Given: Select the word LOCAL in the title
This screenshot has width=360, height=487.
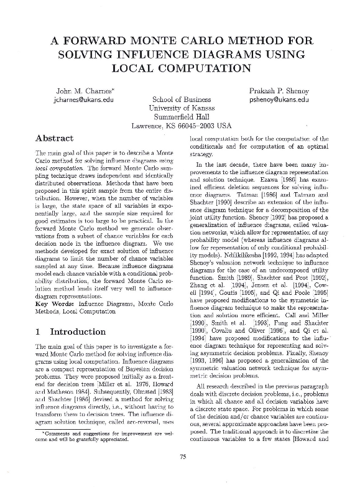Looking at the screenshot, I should [x=142, y=68].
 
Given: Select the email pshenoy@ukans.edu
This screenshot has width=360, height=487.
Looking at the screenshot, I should [x=279, y=100].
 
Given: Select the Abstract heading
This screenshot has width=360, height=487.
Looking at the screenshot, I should [x=56, y=138].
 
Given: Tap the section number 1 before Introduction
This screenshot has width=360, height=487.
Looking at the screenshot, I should [x=39, y=332].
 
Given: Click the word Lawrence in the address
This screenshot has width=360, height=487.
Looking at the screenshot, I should [x=147, y=126].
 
